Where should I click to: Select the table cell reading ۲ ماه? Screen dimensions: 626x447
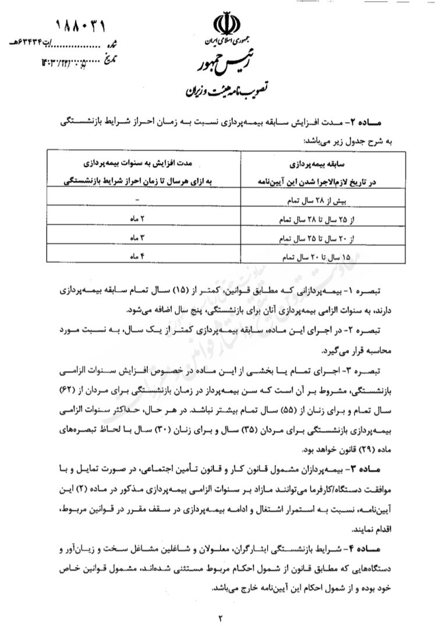[137, 219]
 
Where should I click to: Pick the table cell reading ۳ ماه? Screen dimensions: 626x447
[137, 238]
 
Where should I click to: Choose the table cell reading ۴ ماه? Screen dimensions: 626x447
[137, 256]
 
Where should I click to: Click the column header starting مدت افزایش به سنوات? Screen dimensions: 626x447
[137, 173]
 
